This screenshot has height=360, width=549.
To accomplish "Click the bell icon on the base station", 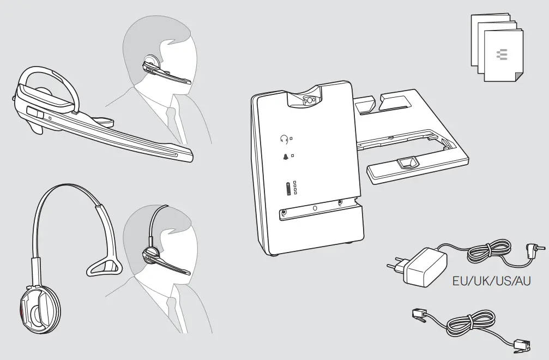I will (284, 157).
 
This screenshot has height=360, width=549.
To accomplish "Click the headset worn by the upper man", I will (158, 68).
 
